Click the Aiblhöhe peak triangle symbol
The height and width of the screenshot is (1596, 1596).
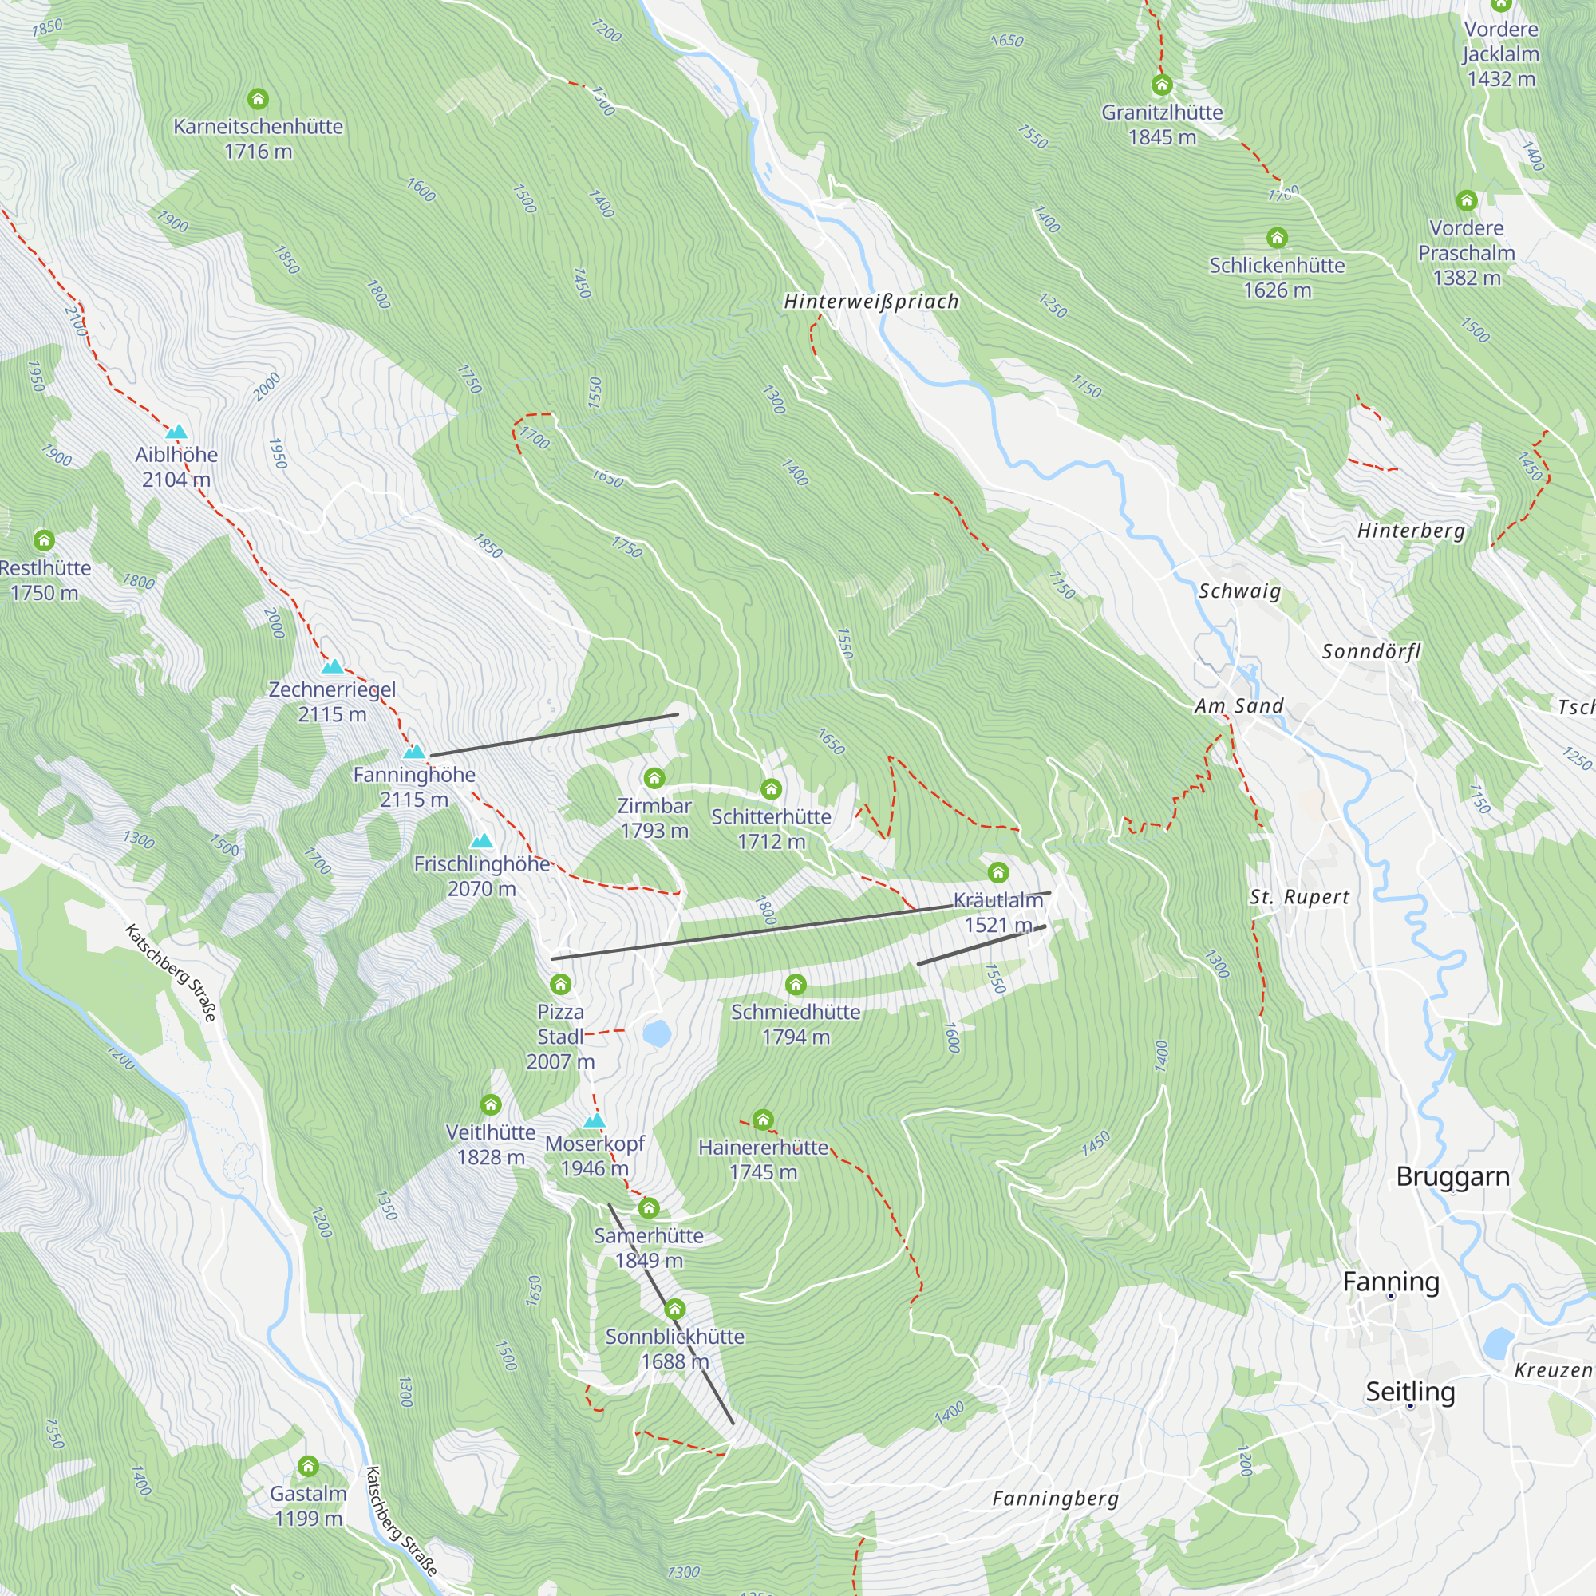[176, 432]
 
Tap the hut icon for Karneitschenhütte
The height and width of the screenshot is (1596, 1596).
[258, 99]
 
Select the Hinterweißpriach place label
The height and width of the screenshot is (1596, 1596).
[871, 302]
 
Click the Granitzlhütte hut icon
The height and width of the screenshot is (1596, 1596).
[1161, 85]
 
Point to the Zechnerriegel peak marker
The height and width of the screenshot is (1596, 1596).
[332, 666]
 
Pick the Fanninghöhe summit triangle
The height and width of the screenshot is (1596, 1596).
[414, 752]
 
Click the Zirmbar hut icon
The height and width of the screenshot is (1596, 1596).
[654, 777]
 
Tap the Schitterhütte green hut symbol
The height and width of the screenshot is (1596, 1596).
[771, 788]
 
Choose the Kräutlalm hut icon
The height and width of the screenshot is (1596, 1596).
[998, 872]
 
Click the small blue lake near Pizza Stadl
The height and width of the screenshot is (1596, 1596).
[657, 1033]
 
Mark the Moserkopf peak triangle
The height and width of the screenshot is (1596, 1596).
[594, 1121]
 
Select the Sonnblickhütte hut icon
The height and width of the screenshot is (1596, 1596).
[675, 1309]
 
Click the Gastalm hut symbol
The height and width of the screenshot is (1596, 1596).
[308, 1466]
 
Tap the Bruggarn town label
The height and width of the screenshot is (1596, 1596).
[1452, 1176]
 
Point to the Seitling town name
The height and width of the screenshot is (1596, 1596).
[1410, 1391]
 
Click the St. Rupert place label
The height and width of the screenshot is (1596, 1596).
[1299, 897]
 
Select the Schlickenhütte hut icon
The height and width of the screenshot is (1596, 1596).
[1277, 238]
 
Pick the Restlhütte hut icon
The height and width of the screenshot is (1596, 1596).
[44, 540]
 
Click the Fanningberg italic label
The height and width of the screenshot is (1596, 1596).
[1055, 1499]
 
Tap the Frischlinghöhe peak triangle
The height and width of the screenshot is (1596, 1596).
[482, 841]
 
